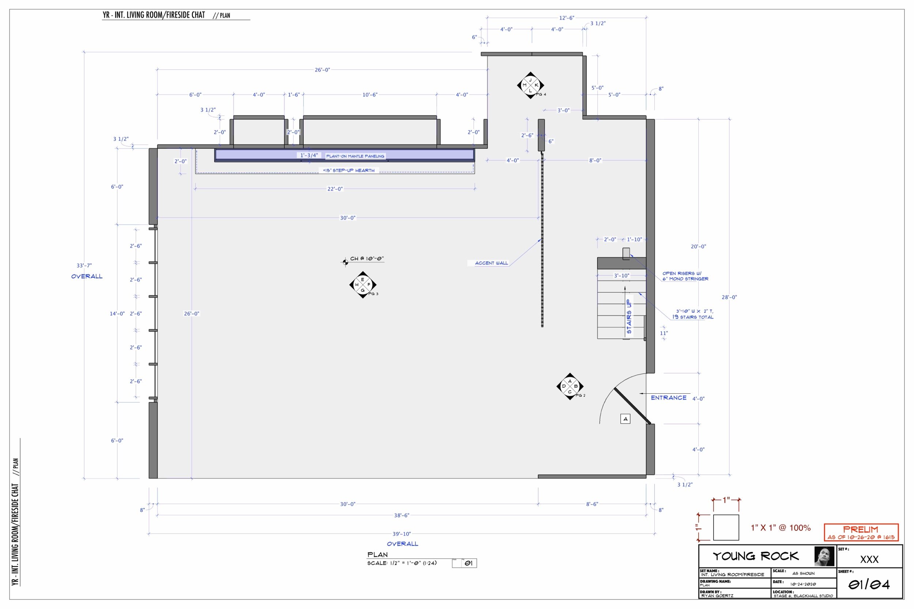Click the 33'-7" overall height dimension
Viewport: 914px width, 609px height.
pyautogui.click(x=84, y=266)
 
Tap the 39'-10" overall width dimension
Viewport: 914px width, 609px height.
pyautogui.click(x=401, y=534)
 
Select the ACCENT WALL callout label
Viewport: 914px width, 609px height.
pyautogui.click(x=491, y=263)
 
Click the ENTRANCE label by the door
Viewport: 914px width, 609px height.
pyautogui.click(x=668, y=398)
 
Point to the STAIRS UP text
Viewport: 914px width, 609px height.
pyautogui.click(x=629, y=316)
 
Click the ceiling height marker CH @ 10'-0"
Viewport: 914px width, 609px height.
pyautogui.click(x=366, y=259)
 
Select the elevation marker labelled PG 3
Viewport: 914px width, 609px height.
pyautogui.click(x=362, y=285)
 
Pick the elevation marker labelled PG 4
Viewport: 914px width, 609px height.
pyautogui.click(x=530, y=85)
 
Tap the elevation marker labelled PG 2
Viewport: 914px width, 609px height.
pyautogui.click(x=570, y=386)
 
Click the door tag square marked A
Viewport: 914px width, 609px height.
pyautogui.click(x=625, y=419)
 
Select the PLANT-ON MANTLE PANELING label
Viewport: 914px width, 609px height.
pyautogui.click(x=355, y=156)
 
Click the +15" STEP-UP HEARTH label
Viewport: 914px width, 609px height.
pyautogui.click(x=348, y=170)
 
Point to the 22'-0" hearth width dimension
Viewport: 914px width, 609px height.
pyautogui.click(x=335, y=189)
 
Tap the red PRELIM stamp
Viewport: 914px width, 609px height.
pyautogui.click(x=861, y=533)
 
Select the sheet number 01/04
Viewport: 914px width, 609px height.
pyautogui.click(x=869, y=585)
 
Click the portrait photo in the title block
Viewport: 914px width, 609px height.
pyautogui.click(x=824, y=556)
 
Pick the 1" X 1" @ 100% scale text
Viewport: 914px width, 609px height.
pyautogui.click(x=781, y=528)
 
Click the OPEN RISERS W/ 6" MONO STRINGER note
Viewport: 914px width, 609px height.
pyautogui.click(x=685, y=276)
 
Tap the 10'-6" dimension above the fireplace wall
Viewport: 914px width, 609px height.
pyautogui.click(x=369, y=95)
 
